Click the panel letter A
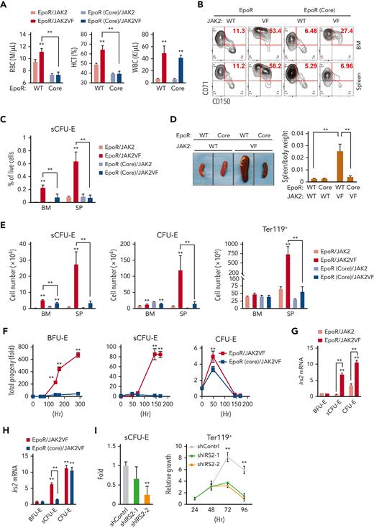(x=5, y=6)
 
